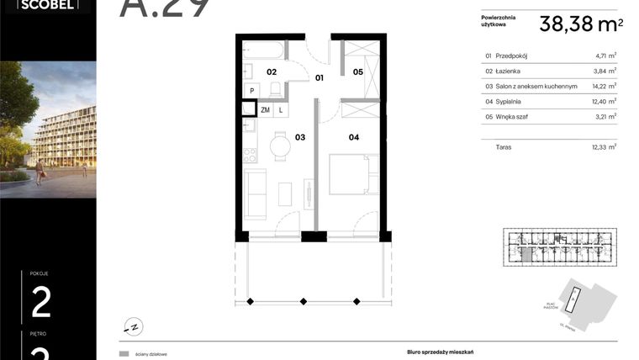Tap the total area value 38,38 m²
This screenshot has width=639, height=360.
581,24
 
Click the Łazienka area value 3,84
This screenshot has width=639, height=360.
604,71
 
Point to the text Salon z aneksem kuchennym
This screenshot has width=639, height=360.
536,86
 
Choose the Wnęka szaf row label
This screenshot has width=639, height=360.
515,116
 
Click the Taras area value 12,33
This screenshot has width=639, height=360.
602,146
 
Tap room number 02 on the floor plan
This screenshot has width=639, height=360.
272,72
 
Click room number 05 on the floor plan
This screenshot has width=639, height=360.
357,72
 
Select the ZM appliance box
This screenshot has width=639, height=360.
266,109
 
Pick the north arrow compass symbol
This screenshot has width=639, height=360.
131,325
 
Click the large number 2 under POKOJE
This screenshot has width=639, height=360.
40,302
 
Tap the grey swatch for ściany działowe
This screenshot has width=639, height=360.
124,354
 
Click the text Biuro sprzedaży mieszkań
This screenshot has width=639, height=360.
430,354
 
